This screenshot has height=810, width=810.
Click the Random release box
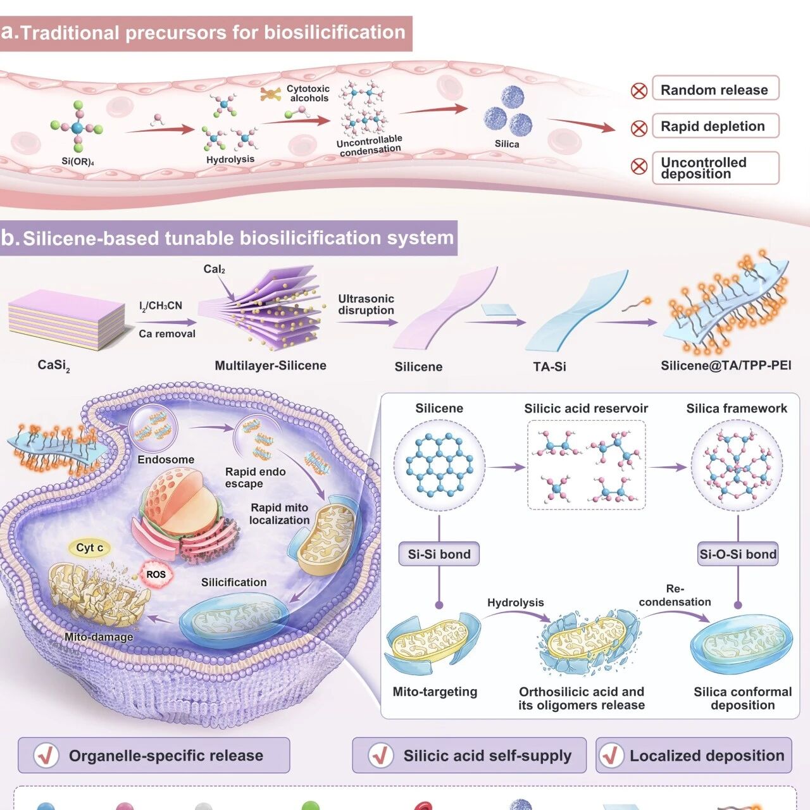(x=716, y=88)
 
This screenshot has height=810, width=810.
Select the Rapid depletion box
(x=716, y=126)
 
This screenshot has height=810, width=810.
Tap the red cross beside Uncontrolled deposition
(x=639, y=166)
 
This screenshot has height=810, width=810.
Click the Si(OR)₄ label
(x=78, y=161)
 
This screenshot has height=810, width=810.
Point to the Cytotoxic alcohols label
(x=308, y=93)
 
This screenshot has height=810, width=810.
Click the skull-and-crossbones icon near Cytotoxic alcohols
(x=271, y=94)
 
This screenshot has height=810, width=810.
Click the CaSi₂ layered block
(x=66, y=320)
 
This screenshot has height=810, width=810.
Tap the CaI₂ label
(x=214, y=269)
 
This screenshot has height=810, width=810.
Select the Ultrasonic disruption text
(x=366, y=304)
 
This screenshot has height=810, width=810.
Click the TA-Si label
(x=549, y=366)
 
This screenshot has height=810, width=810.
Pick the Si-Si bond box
(x=439, y=554)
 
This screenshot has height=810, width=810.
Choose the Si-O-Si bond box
(x=738, y=554)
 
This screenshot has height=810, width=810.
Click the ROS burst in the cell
(x=156, y=574)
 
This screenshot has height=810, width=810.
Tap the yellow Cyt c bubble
(x=89, y=548)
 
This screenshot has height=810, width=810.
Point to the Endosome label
(x=166, y=459)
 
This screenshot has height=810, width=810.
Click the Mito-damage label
(x=99, y=637)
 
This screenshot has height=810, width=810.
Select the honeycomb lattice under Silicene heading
(x=439, y=465)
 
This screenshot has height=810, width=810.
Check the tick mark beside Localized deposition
(x=611, y=755)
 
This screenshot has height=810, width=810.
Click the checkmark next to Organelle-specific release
(x=46, y=755)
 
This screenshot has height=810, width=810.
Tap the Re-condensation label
(x=675, y=595)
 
